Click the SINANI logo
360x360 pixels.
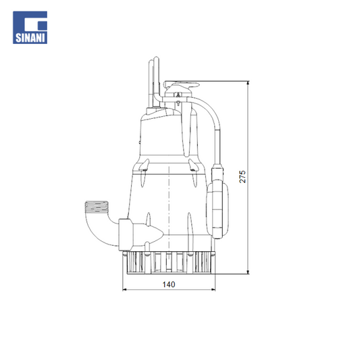pyautogui.click(x=30, y=27)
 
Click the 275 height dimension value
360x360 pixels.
pyautogui.click(x=242, y=176)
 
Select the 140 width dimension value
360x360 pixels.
pyautogui.click(x=169, y=284)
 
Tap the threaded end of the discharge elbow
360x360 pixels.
pyautogui.click(x=97, y=207)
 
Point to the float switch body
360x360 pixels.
pyautogui.click(x=217, y=209)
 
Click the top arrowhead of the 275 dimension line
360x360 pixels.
pyautogui.click(x=248, y=83)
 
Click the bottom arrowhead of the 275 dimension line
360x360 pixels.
pyautogui.click(x=248, y=272)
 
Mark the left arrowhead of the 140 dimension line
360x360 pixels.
pyautogui.click(x=125, y=290)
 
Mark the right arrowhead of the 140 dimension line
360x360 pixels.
pyautogui.click(x=213, y=290)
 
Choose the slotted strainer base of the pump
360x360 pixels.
pyautogui.click(x=169, y=263)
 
